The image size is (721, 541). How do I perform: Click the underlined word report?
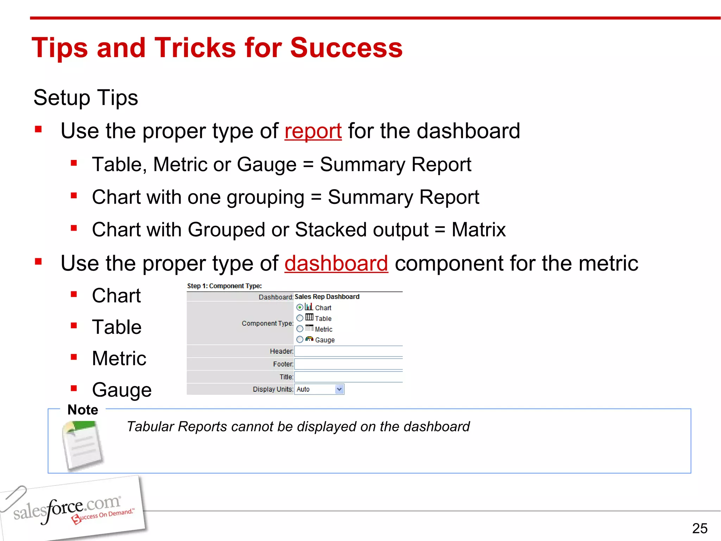pyautogui.click(x=313, y=131)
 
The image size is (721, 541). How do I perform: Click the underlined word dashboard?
pyautogui.click(x=336, y=263)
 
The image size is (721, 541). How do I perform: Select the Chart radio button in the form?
pyautogui.click(x=300, y=307)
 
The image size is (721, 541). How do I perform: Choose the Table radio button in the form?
pyautogui.click(x=300, y=318)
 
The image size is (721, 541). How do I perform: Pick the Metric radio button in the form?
pyautogui.click(x=300, y=329)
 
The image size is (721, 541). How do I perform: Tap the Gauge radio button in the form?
pyautogui.click(x=300, y=340)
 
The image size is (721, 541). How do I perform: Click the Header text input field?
pyautogui.click(x=348, y=351)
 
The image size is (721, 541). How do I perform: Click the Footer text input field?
pyautogui.click(x=348, y=364)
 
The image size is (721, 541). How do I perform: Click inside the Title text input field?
pyautogui.click(x=348, y=377)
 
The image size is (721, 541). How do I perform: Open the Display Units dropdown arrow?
pyautogui.click(x=339, y=389)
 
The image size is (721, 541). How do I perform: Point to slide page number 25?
pyautogui.click(x=700, y=528)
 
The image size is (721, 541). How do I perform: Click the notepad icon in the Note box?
pyautogui.click(x=82, y=446)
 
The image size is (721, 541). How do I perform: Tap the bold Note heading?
pyautogui.click(x=83, y=410)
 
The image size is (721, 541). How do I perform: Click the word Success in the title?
pyautogui.click(x=346, y=48)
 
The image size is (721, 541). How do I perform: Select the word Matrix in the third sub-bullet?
pyautogui.click(x=478, y=230)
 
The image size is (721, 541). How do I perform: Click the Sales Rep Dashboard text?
pyautogui.click(x=327, y=297)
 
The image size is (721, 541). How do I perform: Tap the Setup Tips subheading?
pyautogui.click(x=86, y=98)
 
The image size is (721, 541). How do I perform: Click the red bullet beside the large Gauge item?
pyautogui.click(x=74, y=388)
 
